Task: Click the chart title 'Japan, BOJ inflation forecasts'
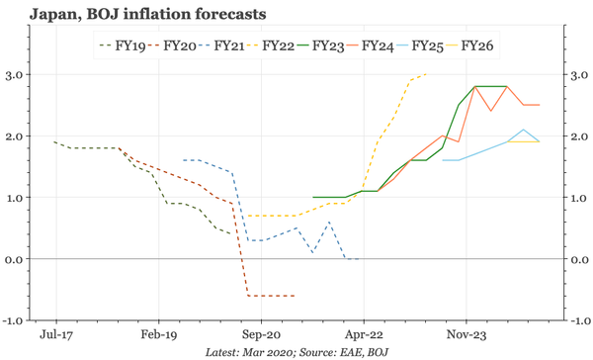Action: tap(138, 15)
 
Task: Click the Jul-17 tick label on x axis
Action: tap(54, 334)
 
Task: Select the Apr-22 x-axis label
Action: tap(364, 334)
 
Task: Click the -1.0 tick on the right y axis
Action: tap(577, 320)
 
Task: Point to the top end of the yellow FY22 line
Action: tap(425, 74)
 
